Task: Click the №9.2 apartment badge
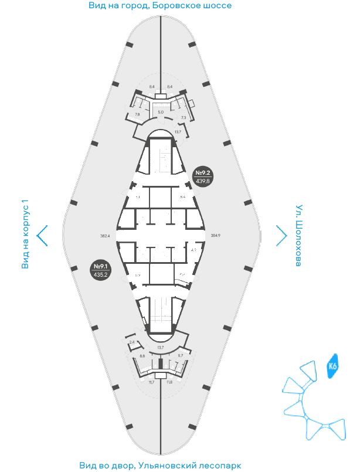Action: click(203, 176)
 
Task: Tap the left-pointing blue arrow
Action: click(42, 235)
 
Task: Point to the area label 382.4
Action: click(106, 236)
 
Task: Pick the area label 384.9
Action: click(215, 236)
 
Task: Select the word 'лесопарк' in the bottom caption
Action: click(218, 466)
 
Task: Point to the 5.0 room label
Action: click(161, 111)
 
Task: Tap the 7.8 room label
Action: click(137, 115)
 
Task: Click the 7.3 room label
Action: click(184, 118)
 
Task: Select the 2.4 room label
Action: click(132, 342)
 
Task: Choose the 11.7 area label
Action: click(151, 382)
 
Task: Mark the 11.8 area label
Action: click(169, 382)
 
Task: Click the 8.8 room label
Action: click(142, 356)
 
